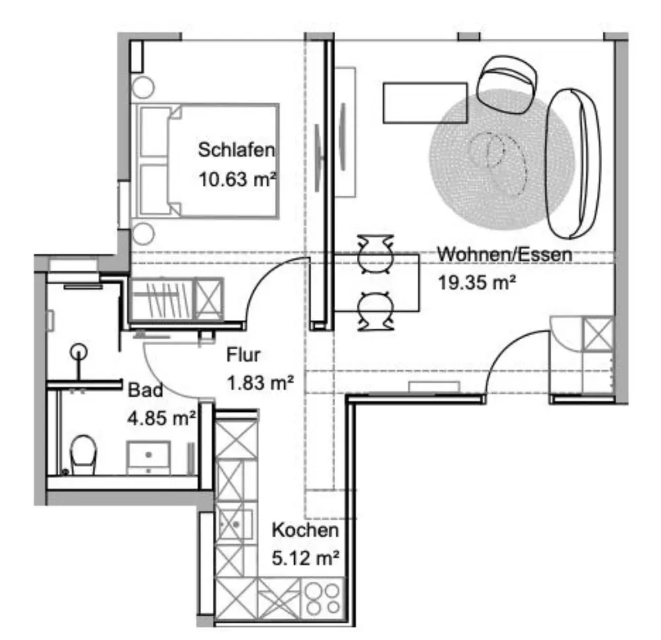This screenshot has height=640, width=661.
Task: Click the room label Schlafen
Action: click(x=236, y=149)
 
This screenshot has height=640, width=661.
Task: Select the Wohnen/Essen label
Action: click(x=504, y=255)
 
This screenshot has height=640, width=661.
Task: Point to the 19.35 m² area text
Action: click(x=477, y=282)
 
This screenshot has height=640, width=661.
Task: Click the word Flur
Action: click(x=243, y=354)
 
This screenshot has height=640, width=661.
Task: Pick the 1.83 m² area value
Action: click(x=260, y=383)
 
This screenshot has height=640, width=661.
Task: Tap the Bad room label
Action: click(x=145, y=390)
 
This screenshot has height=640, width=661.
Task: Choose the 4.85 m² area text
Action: click(x=161, y=419)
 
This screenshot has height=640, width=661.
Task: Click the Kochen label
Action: click(x=305, y=530)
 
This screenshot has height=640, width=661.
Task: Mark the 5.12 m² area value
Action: click(x=305, y=558)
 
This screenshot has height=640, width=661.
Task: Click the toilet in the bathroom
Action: click(x=83, y=455)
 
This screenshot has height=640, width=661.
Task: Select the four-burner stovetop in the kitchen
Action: click(x=323, y=599)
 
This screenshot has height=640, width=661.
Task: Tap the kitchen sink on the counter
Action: click(x=235, y=524)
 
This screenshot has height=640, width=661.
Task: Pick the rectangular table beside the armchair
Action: click(x=425, y=103)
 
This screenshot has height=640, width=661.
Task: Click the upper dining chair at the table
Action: click(x=375, y=254)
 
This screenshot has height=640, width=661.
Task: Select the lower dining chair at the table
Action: click(x=375, y=311)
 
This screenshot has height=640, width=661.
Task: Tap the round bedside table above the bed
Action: click(x=143, y=87)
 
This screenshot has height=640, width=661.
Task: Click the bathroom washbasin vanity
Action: click(x=149, y=458)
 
